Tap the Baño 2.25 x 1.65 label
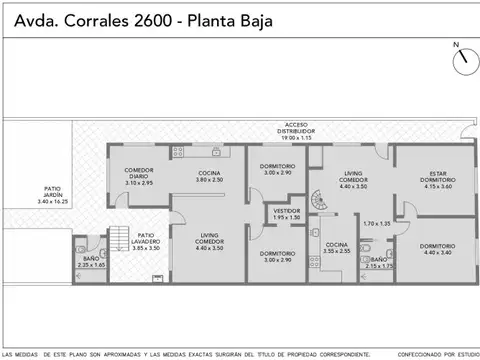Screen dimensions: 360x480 click(x=90, y=260)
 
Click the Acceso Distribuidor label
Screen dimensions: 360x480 click(x=295, y=130)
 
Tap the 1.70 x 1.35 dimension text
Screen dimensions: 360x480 click(x=376, y=223)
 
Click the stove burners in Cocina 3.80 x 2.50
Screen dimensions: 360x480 click(x=180, y=152)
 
